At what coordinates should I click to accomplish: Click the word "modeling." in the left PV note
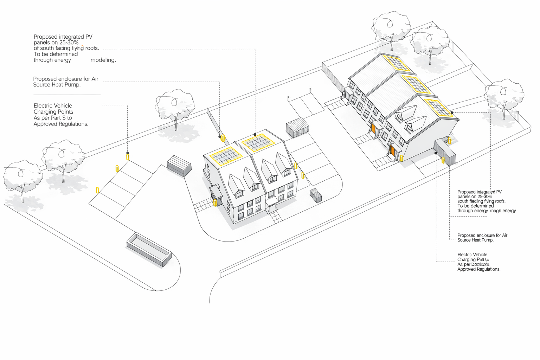103,60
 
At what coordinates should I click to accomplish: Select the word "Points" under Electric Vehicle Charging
64,112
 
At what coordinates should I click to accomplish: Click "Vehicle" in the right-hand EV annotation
480,255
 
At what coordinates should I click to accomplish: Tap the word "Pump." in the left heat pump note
72,85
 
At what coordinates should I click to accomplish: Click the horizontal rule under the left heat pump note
67,95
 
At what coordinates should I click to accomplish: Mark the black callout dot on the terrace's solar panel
452,112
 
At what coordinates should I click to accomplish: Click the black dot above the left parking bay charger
128,153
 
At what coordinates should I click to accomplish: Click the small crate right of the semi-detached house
316,195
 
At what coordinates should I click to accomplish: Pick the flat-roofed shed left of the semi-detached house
179,166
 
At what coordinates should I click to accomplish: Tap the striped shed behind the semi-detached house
297,127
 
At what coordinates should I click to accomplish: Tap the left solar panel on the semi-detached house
226,156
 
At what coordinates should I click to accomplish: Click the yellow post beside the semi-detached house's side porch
215,203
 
